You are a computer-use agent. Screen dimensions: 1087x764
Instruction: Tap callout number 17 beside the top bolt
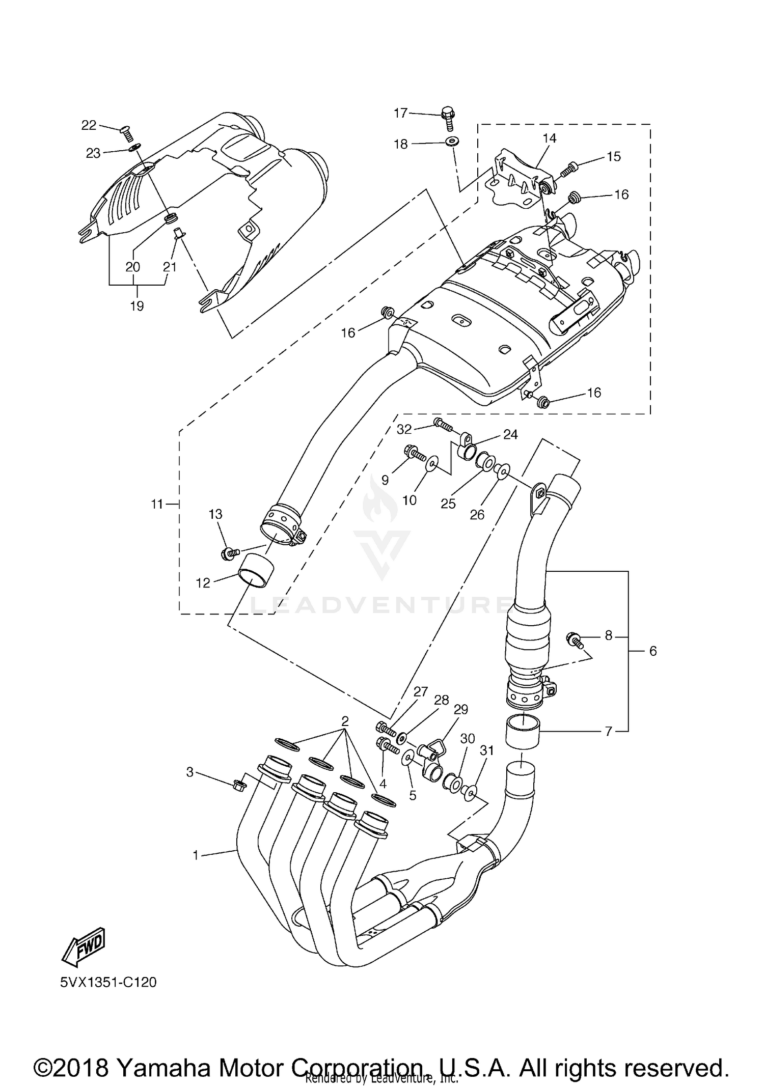tap(401, 113)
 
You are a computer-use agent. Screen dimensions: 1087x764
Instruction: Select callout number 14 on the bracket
tap(550, 138)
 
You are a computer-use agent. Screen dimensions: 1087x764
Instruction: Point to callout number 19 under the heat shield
tap(137, 306)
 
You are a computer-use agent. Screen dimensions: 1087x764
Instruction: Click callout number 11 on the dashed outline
tap(157, 504)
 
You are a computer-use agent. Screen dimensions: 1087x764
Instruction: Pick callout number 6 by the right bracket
tap(653, 651)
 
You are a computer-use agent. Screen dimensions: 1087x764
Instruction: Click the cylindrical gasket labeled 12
tap(255, 571)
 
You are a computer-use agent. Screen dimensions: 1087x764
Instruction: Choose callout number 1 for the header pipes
tap(195, 856)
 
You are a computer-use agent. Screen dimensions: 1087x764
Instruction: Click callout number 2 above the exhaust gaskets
tap(345, 721)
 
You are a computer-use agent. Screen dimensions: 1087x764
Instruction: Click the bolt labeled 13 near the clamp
tap(229, 553)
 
